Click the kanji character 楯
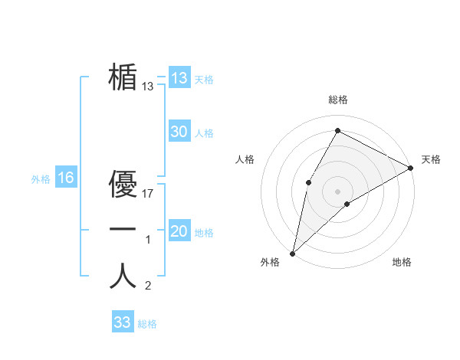(x=123, y=77)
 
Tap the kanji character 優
(x=123, y=183)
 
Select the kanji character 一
(x=123, y=229)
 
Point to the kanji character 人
(x=123, y=276)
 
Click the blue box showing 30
(x=179, y=132)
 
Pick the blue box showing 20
(x=179, y=231)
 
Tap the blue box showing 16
(x=66, y=178)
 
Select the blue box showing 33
(x=122, y=322)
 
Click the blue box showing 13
(x=179, y=78)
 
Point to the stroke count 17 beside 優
(x=149, y=194)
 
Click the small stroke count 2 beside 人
(x=148, y=286)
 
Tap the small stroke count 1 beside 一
(x=148, y=241)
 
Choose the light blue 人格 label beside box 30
(x=204, y=133)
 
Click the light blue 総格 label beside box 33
(x=147, y=324)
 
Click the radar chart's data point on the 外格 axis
(x=292, y=253)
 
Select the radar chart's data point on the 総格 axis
(x=337, y=130)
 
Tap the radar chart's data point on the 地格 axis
(x=347, y=204)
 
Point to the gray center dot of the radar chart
(x=337, y=190)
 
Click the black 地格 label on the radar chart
(x=402, y=262)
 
